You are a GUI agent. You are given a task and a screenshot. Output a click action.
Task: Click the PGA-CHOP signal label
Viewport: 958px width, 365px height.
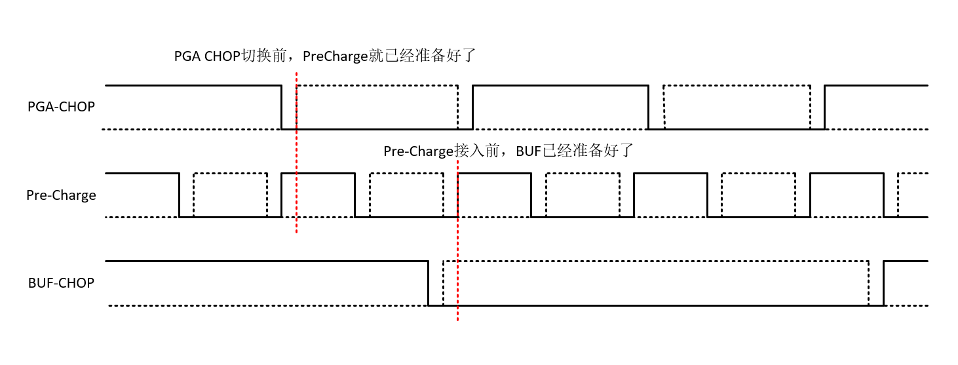point(61,107)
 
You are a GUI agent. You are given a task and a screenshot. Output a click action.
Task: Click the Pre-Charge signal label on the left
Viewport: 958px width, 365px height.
point(61,195)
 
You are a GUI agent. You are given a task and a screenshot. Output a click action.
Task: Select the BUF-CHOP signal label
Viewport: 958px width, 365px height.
point(61,283)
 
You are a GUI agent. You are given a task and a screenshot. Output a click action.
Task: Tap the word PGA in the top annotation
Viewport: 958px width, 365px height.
point(187,56)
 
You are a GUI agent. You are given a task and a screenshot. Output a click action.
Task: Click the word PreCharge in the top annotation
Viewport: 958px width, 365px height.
point(335,56)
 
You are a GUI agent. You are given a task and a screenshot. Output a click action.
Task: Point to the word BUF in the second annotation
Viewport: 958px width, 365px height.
point(529,151)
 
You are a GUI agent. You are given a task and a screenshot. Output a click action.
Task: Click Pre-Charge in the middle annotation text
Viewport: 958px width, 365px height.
point(418,151)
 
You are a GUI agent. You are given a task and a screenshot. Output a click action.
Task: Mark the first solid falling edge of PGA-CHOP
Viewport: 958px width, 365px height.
point(282,107)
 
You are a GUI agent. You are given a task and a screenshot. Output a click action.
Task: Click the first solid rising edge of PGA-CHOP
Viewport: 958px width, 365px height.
point(473,107)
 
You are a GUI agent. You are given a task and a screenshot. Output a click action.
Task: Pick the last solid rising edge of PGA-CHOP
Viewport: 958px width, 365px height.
point(824,107)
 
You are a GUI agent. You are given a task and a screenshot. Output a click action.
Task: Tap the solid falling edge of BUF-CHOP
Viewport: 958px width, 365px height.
point(428,283)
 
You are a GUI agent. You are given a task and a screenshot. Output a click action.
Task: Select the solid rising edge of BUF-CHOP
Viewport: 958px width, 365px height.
point(883,283)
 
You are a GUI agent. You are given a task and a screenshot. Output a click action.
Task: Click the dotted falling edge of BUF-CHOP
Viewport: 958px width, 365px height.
point(868,283)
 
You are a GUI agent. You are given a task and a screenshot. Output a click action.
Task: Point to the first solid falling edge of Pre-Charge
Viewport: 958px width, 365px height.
point(180,195)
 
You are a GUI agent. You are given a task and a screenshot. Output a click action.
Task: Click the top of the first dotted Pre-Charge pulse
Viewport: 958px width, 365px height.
point(231,174)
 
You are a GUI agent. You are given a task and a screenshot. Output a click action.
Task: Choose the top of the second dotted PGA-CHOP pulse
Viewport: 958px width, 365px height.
point(737,86)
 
